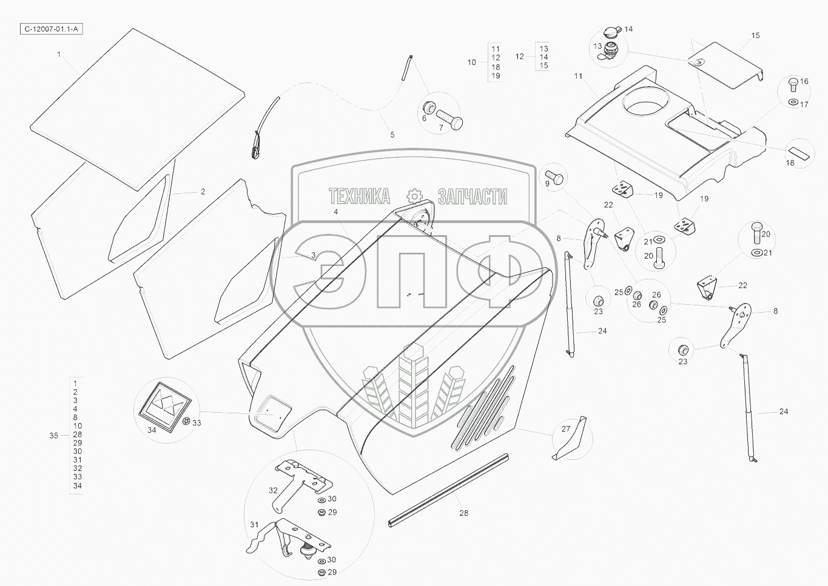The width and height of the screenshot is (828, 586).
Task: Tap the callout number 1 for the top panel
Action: coord(59,55)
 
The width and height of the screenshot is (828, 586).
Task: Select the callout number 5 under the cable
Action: coord(392,135)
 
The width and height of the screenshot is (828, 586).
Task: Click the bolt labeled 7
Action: coord(448,118)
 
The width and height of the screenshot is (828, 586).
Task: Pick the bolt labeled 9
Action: coord(556,179)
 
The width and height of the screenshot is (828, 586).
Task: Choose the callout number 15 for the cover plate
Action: coord(755,36)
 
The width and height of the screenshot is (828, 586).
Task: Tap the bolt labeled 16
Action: coord(793,84)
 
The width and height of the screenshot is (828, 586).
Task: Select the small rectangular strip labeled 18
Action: coord(799,151)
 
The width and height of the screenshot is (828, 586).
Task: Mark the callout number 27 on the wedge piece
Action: coord(566,429)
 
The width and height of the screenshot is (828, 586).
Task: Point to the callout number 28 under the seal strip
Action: coord(463,513)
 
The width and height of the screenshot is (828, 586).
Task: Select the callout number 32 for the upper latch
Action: coord(273,490)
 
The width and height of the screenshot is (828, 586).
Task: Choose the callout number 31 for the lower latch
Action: coord(254,525)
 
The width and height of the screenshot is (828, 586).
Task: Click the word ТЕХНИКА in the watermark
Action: coord(359,196)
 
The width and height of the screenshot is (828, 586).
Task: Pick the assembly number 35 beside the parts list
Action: coord(53,435)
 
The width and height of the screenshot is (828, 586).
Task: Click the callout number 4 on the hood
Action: coord(335,212)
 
